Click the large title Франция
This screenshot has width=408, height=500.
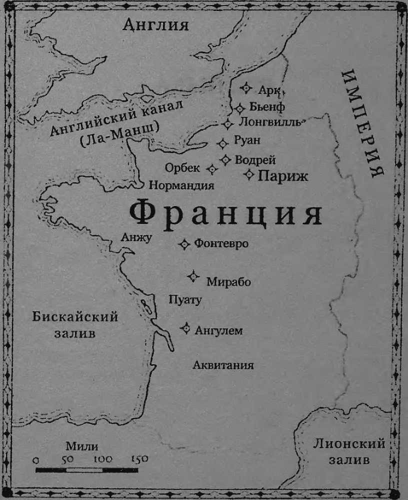225,214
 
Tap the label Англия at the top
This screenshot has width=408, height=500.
156,24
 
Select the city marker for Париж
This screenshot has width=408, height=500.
249,174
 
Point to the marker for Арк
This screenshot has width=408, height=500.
245,88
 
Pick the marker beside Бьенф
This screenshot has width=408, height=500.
240,107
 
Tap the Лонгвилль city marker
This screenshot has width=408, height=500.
228,123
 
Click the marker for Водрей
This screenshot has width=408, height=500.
225,159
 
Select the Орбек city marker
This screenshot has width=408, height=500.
212,169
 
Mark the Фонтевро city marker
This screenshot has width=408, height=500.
184,243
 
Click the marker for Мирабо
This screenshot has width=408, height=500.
193,276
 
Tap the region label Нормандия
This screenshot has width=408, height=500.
181,185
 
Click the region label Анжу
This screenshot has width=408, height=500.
136,237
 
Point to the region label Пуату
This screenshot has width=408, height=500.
185,300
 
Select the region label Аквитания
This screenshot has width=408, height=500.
223,365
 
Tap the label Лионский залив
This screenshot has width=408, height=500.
349,451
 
